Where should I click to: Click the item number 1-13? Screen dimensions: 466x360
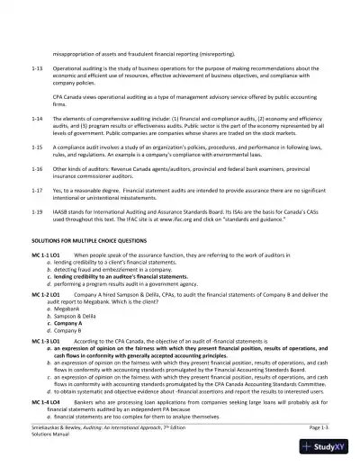(36, 67)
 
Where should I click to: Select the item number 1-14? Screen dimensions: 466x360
(36, 118)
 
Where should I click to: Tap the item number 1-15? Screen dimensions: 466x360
(36, 144)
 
